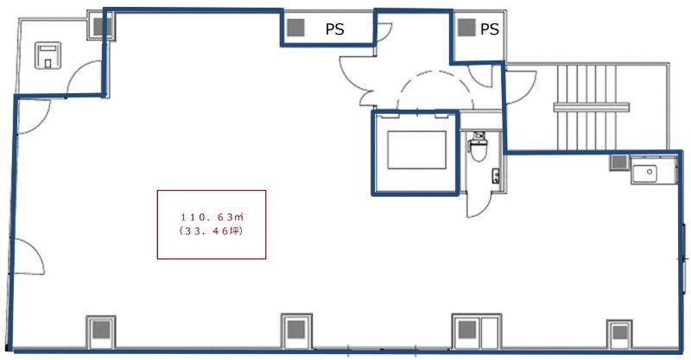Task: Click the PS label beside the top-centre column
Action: (334, 29)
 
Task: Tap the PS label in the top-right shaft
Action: (489, 29)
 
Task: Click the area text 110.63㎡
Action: (212, 217)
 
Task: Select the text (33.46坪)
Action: (212, 231)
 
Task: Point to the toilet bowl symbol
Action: (478, 148)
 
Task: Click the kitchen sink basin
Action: (645, 173)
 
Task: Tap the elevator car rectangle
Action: (416, 150)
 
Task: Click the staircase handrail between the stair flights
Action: (592, 107)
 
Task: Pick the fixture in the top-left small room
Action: (48, 55)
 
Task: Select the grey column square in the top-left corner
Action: (102, 27)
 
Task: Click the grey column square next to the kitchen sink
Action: (618, 162)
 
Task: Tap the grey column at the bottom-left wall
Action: (101, 330)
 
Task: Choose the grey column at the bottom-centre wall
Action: (296, 329)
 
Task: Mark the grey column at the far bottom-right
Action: (619, 332)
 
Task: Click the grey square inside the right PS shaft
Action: (466, 28)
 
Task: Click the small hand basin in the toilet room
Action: (496, 176)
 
